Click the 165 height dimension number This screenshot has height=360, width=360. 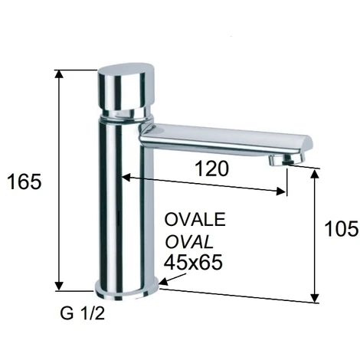[25, 182]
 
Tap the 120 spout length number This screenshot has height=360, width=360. [212, 169]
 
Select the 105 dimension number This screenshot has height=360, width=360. [342, 228]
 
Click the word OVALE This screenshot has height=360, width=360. [195, 219]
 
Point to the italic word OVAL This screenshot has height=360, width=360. [189, 242]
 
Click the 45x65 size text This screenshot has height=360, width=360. [193, 263]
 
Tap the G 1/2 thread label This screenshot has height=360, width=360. [83, 313]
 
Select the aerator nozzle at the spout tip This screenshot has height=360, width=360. [286, 160]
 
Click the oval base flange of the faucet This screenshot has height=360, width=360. [127, 291]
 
